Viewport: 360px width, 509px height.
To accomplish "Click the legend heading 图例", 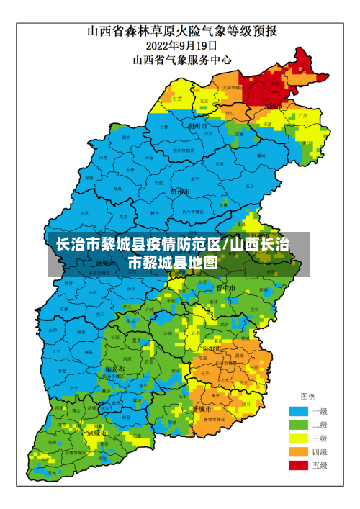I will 307,397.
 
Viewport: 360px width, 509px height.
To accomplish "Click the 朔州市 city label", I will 197,126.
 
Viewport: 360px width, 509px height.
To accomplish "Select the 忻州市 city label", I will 179,192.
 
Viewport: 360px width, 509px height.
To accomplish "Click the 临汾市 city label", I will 114,369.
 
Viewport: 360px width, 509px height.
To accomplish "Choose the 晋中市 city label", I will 226,288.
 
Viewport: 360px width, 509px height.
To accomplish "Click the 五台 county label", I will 249,186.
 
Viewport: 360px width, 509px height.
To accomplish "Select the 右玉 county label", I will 177,99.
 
